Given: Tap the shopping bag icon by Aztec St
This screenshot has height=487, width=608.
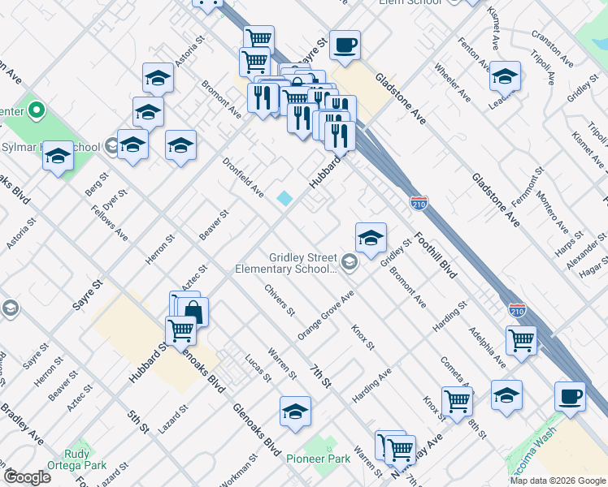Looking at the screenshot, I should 194,311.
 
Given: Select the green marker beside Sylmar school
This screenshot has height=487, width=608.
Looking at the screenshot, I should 37,110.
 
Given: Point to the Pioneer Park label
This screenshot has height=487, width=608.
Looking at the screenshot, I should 318,459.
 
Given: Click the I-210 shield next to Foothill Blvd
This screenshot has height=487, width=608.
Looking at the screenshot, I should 419,201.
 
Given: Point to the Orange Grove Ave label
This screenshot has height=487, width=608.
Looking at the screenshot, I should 326,317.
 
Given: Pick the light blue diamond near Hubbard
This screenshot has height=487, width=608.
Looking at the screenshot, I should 284,198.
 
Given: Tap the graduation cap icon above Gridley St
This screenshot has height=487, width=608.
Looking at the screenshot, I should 371,237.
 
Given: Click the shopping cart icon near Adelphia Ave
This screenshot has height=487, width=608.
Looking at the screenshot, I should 521,339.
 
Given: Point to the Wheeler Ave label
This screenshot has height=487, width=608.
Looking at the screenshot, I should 452,84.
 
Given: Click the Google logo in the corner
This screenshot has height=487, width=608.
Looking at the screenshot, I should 27,477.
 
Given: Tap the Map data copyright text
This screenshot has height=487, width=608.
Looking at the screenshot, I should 558,481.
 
